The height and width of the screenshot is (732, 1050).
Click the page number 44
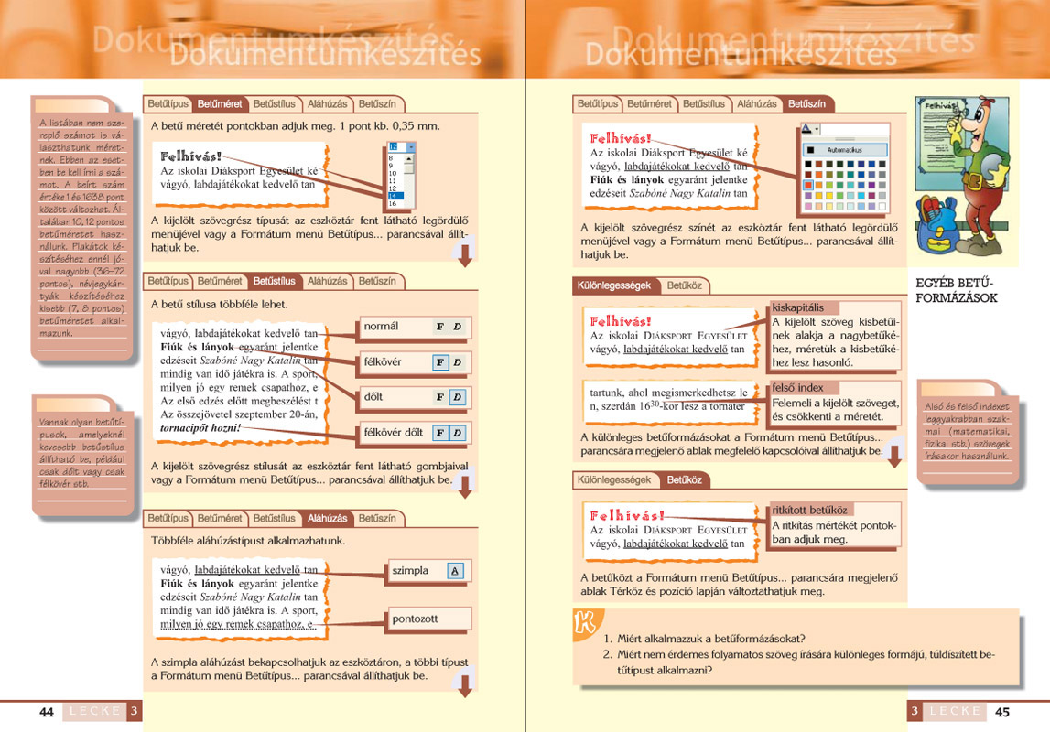(x=47, y=712)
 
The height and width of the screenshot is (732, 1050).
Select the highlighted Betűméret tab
(x=220, y=104)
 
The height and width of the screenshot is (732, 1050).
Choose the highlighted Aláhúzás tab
(x=327, y=519)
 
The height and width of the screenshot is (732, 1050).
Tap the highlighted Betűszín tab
(x=806, y=104)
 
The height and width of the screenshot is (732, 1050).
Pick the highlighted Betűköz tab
(x=684, y=479)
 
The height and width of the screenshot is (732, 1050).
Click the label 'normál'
(x=382, y=327)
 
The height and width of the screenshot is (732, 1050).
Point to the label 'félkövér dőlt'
(x=394, y=433)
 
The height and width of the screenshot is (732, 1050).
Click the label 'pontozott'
(x=415, y=619)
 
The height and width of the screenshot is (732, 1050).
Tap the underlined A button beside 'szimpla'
(x=456, y=572)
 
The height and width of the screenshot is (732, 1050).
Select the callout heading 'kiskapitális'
(x=797, y=307)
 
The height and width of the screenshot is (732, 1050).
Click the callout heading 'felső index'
(x=797, y=388)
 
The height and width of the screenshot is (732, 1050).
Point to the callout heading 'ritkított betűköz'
(x=810, y=510)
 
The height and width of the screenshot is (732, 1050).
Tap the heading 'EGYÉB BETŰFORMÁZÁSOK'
(x=955, y=291)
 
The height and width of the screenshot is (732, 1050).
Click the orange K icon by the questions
(x=583, y=625)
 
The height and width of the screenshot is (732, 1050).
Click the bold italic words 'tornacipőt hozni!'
(x=200, y=427)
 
